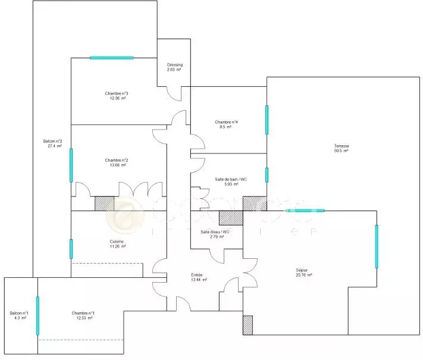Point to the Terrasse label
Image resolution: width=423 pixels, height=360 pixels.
click(x=341, y=146)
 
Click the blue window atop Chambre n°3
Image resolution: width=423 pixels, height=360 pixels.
click(x=111, y=58)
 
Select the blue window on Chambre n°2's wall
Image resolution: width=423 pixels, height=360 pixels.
click(x=71, y=165)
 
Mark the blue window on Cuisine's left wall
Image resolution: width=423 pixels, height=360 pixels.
click(x=71, y=249)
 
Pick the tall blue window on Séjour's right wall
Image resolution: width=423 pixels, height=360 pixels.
click(x=377, y=246)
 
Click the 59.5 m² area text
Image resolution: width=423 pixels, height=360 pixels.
click(x=341, y=151)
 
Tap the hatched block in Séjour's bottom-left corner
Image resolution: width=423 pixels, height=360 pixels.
click(x=247, y=325)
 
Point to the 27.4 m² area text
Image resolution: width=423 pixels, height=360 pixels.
click(x=53, y=146)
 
